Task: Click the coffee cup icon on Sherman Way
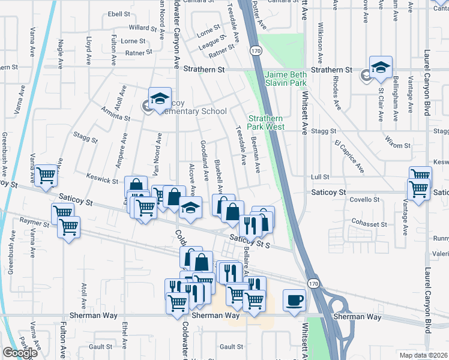294,299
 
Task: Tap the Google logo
20,353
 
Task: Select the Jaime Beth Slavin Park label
286,79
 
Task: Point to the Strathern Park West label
266,122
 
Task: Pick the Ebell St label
119,14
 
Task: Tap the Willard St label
142,28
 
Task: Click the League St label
213,42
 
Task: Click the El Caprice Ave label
350,157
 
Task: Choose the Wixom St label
397,145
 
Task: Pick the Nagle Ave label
60,53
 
